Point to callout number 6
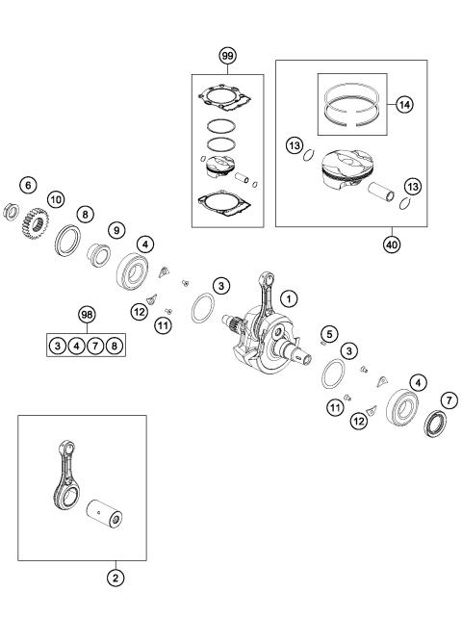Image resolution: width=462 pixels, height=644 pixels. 28,184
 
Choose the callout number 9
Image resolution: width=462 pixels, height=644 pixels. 116,230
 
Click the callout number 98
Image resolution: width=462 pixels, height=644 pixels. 88,316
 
